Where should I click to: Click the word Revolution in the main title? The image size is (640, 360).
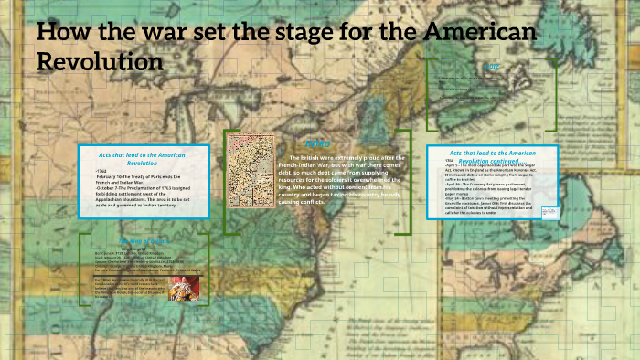pos(101,62)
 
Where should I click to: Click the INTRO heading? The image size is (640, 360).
pos(316,144)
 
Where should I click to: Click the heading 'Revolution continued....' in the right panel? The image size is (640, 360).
pos(492,161)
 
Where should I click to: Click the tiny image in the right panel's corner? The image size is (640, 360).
pos(549,210)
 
